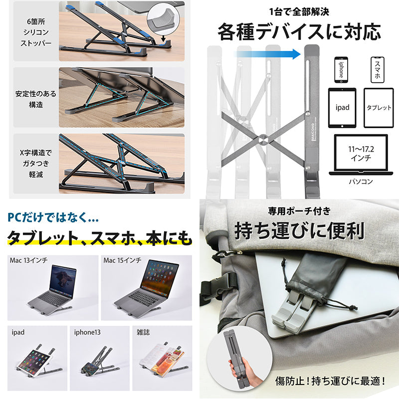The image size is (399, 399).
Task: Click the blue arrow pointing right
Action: coord(269,54)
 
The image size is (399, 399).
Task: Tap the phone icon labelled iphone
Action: coord(341,70)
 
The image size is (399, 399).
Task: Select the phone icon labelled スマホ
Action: coord(378,70)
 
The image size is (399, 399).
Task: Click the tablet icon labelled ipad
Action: coord(342,108)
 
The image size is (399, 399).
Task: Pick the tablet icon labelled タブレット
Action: coord(379,108)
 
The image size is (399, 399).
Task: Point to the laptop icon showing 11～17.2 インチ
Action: coord(361,155)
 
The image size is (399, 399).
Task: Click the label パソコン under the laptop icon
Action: coord(361,182)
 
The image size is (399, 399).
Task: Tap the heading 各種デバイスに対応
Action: coord(299,32)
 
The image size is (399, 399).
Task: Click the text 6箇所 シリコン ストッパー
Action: coord(36,32)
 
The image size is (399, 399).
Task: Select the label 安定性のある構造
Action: coord(35,99)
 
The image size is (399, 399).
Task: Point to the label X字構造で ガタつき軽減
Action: coord(35,164)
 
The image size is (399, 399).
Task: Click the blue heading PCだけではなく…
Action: coord(53,218)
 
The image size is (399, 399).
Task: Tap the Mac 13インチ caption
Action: coord(28,260)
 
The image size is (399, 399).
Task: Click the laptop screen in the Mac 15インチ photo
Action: coord(159,279)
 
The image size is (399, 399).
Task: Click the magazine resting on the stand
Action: coord(162,359)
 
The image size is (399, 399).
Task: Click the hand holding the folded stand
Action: coord(239,367)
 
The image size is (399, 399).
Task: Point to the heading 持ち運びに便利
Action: coord(299,231)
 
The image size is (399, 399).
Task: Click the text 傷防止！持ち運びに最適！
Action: coord(330,381)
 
